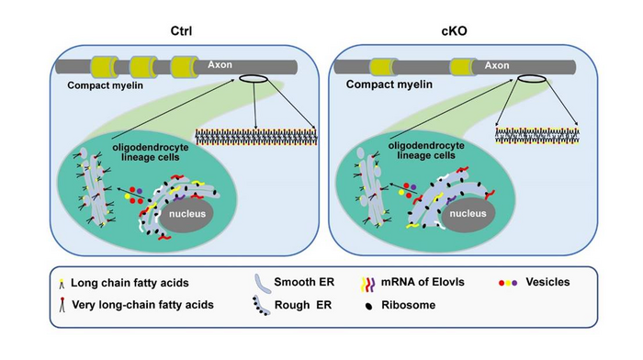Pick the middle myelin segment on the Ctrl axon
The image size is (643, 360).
(x=149, y=67)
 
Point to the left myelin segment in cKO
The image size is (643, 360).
(x=388, y=67)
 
